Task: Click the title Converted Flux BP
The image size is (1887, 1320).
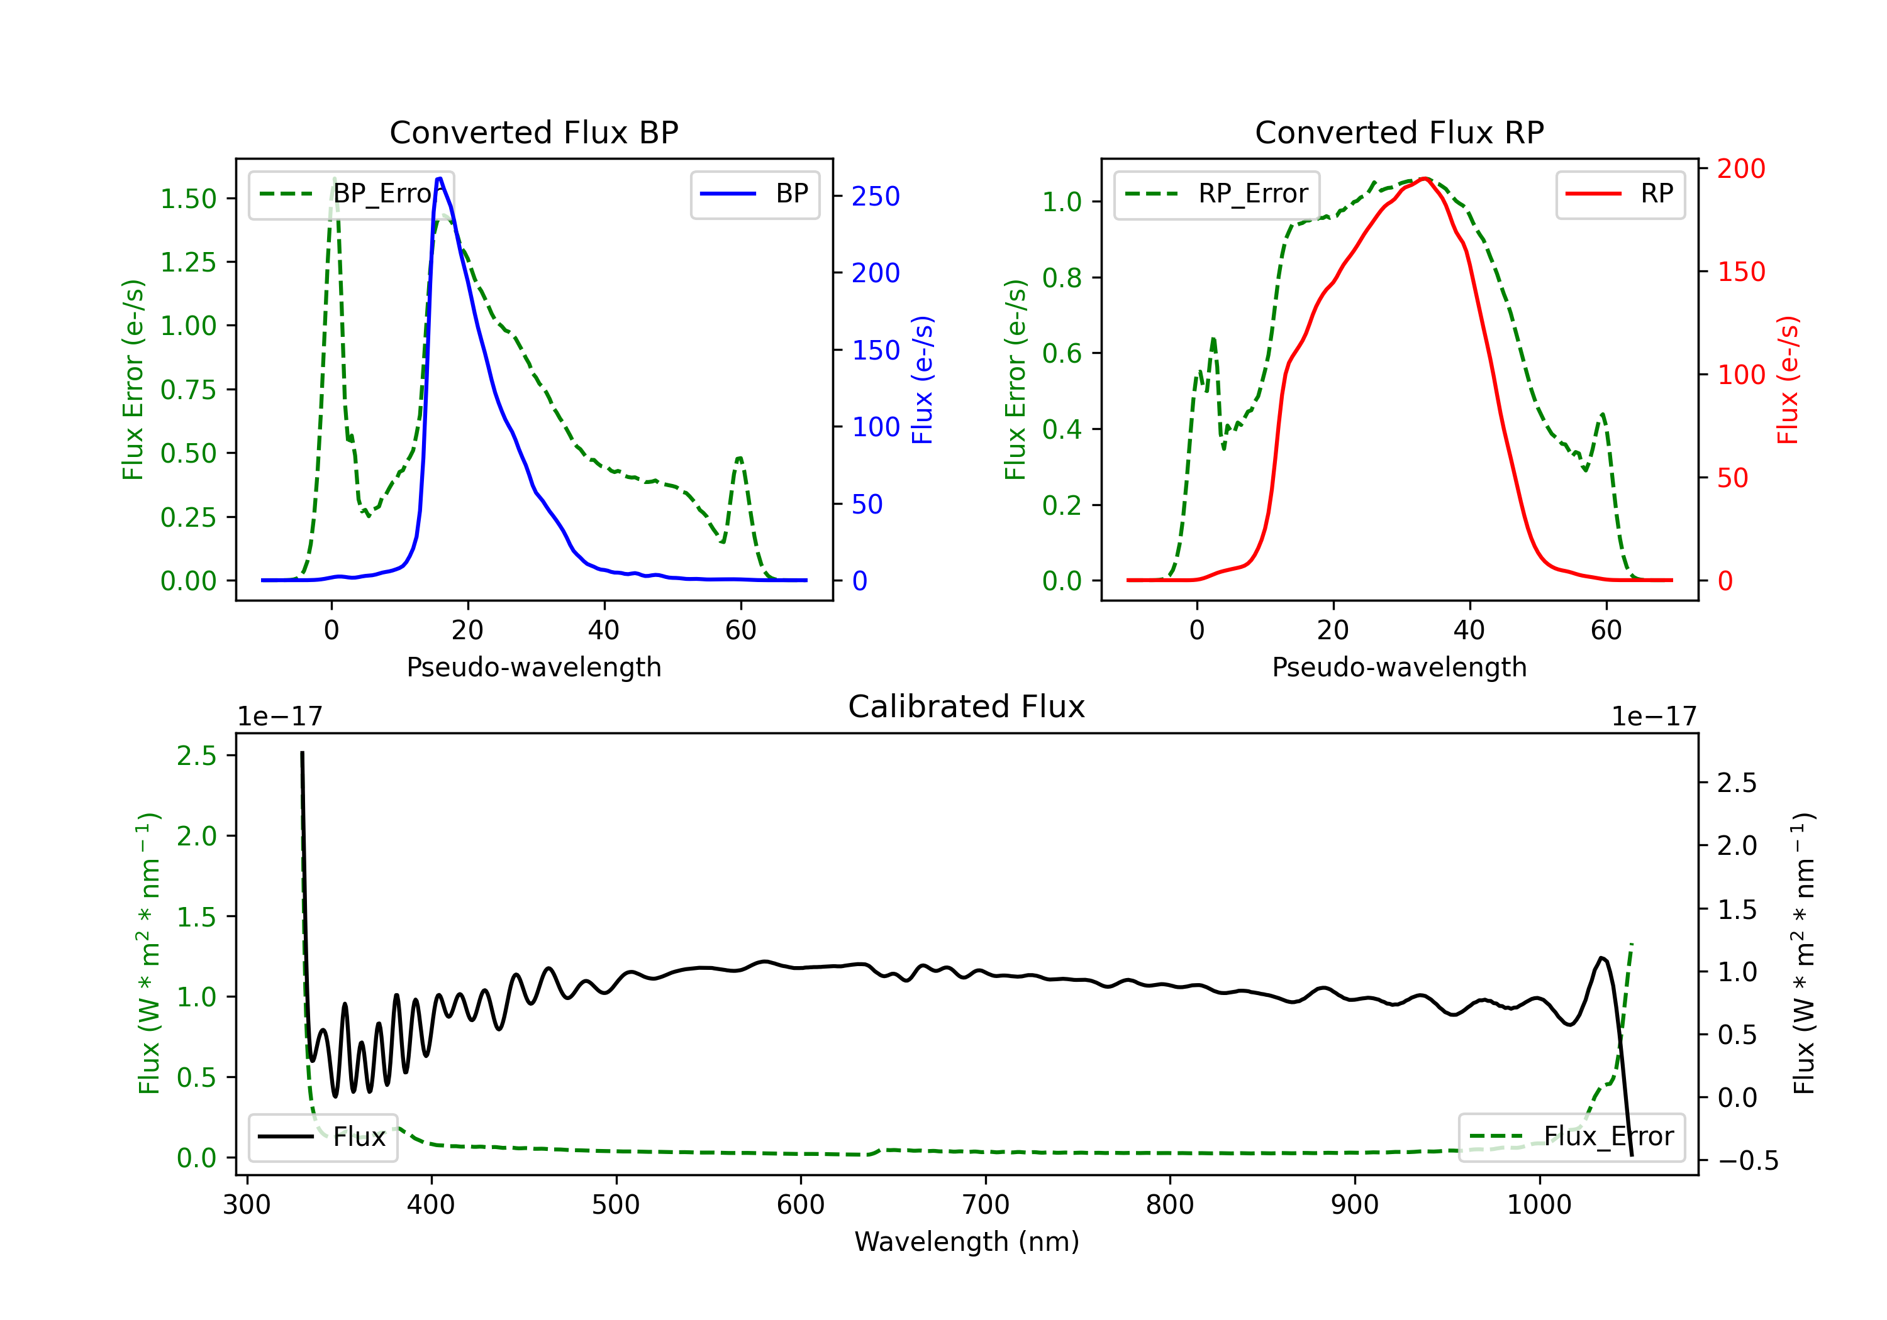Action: point(533,132)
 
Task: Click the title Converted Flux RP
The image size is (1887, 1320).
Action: point(1399,132)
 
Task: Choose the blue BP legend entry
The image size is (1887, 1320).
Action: point(754,194)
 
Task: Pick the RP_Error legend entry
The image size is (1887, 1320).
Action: point(1216,194)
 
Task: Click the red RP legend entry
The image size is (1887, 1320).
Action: point(1620,194)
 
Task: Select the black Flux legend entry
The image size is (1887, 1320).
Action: point(322,1137)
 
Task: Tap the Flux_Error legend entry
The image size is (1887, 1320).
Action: point(1571,1137)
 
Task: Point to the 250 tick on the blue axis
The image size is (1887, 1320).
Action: point(876,196)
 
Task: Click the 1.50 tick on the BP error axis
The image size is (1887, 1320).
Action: point(188,199)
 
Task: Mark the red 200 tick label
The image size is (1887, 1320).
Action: point(1740,168)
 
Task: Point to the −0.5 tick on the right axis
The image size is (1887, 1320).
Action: point(1747,1160)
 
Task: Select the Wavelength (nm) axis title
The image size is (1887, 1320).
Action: point(967,1241)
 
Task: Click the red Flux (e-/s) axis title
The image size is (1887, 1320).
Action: point(1787,380)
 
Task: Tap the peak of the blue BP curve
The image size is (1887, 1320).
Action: point(440,179)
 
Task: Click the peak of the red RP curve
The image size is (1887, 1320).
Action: point(1424,179)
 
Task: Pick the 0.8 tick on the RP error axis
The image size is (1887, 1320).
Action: point(1062,278)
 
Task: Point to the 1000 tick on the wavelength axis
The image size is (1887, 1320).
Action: point(1539,1204)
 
